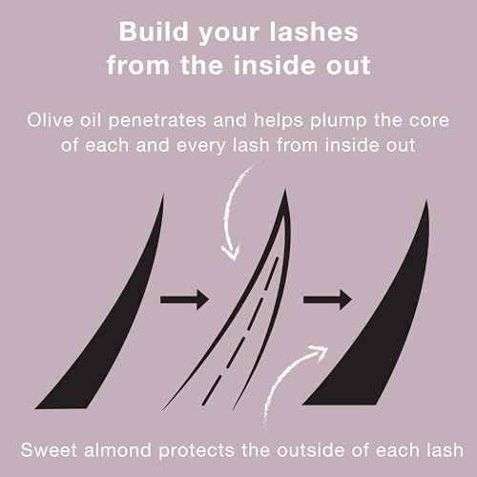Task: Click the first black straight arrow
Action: [x=184, y=301]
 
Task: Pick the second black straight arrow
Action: [x=327, y=301]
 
